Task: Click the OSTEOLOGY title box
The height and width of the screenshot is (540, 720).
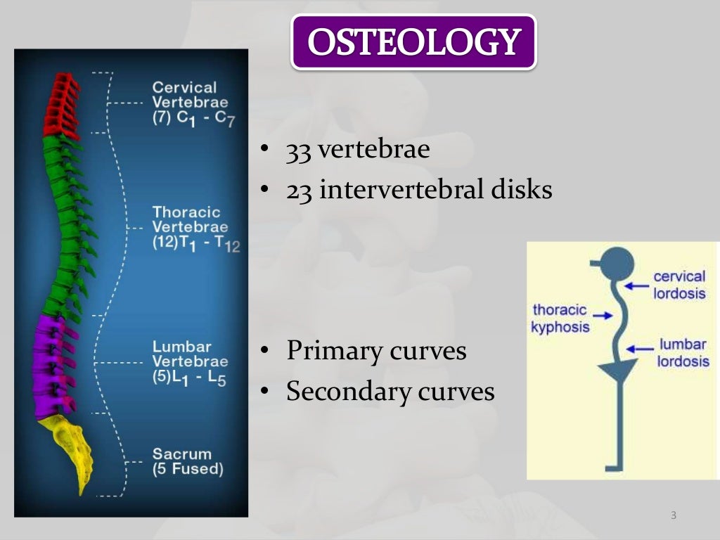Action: tap(413, 42)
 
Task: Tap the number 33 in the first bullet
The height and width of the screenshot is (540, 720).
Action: tap(298, 150)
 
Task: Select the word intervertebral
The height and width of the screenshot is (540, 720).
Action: tap(399, 189)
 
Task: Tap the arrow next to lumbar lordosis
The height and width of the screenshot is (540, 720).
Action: tap(641, 347)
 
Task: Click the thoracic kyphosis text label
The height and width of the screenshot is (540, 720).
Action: tap(560, 319)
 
